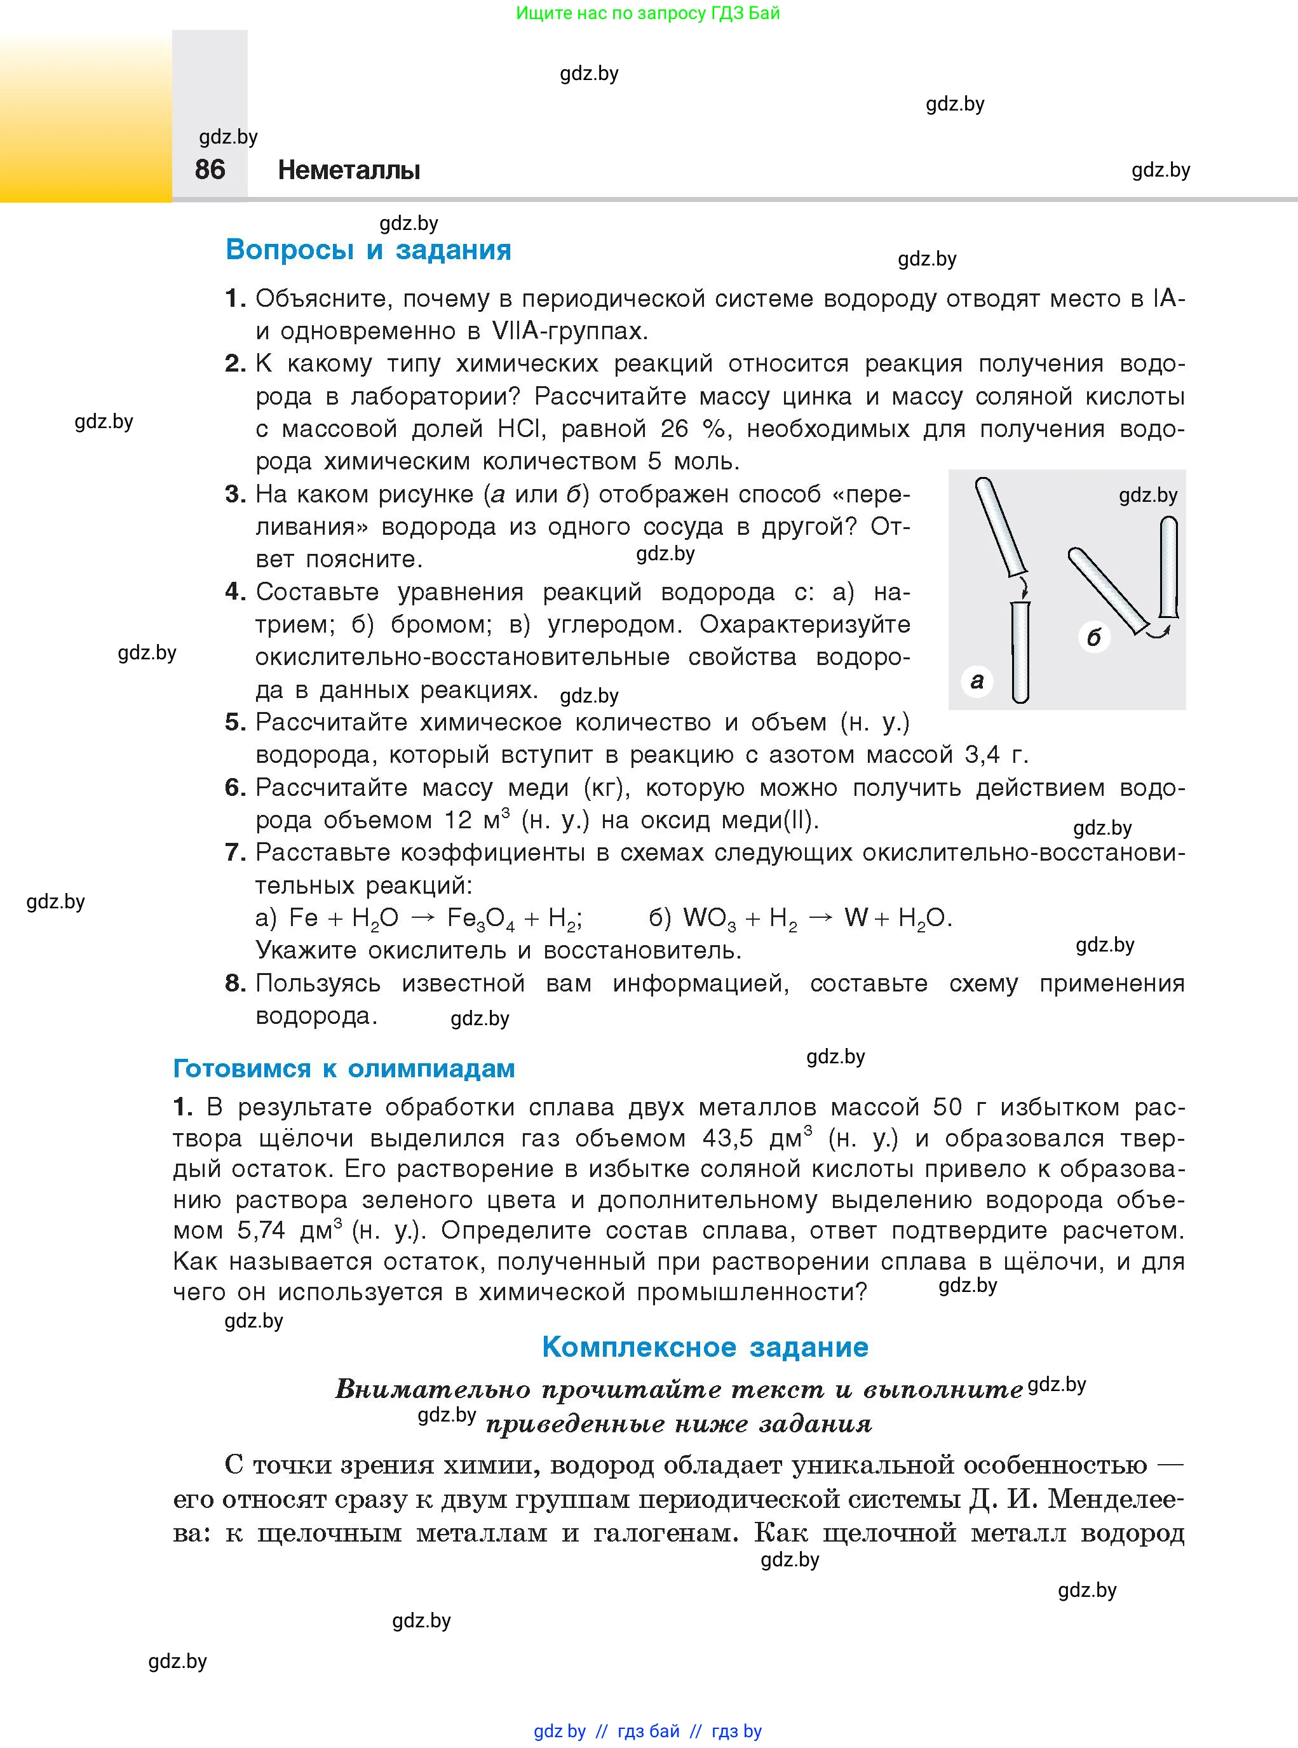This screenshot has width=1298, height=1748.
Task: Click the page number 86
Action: click(x=210, y=169)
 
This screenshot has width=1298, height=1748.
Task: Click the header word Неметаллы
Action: click(x=349, y=170)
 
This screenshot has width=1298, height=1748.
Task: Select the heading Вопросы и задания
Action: click(x=368, y=250)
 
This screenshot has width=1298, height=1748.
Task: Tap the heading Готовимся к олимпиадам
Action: click(x=343, y=1068)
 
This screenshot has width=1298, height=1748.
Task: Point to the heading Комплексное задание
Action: click(x=705, y=1347)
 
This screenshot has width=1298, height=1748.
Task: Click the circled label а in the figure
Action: click(x=977, y=680)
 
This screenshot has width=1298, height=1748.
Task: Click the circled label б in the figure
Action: click(x=1093, y=636)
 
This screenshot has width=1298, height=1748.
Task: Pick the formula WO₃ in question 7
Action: click(x=710, y=918)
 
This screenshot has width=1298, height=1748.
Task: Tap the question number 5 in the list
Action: click(x=234, y=722)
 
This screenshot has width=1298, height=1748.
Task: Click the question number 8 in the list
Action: click(x=234, y=983)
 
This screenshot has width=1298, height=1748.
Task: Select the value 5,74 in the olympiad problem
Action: click(x=261, y=1230)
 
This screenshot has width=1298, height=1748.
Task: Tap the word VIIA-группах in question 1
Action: click(x=570, y=331)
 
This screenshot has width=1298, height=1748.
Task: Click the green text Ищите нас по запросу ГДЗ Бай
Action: click(x=648, y=13)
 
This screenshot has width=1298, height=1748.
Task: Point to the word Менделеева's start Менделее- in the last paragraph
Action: click(x=1116, y=1499)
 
